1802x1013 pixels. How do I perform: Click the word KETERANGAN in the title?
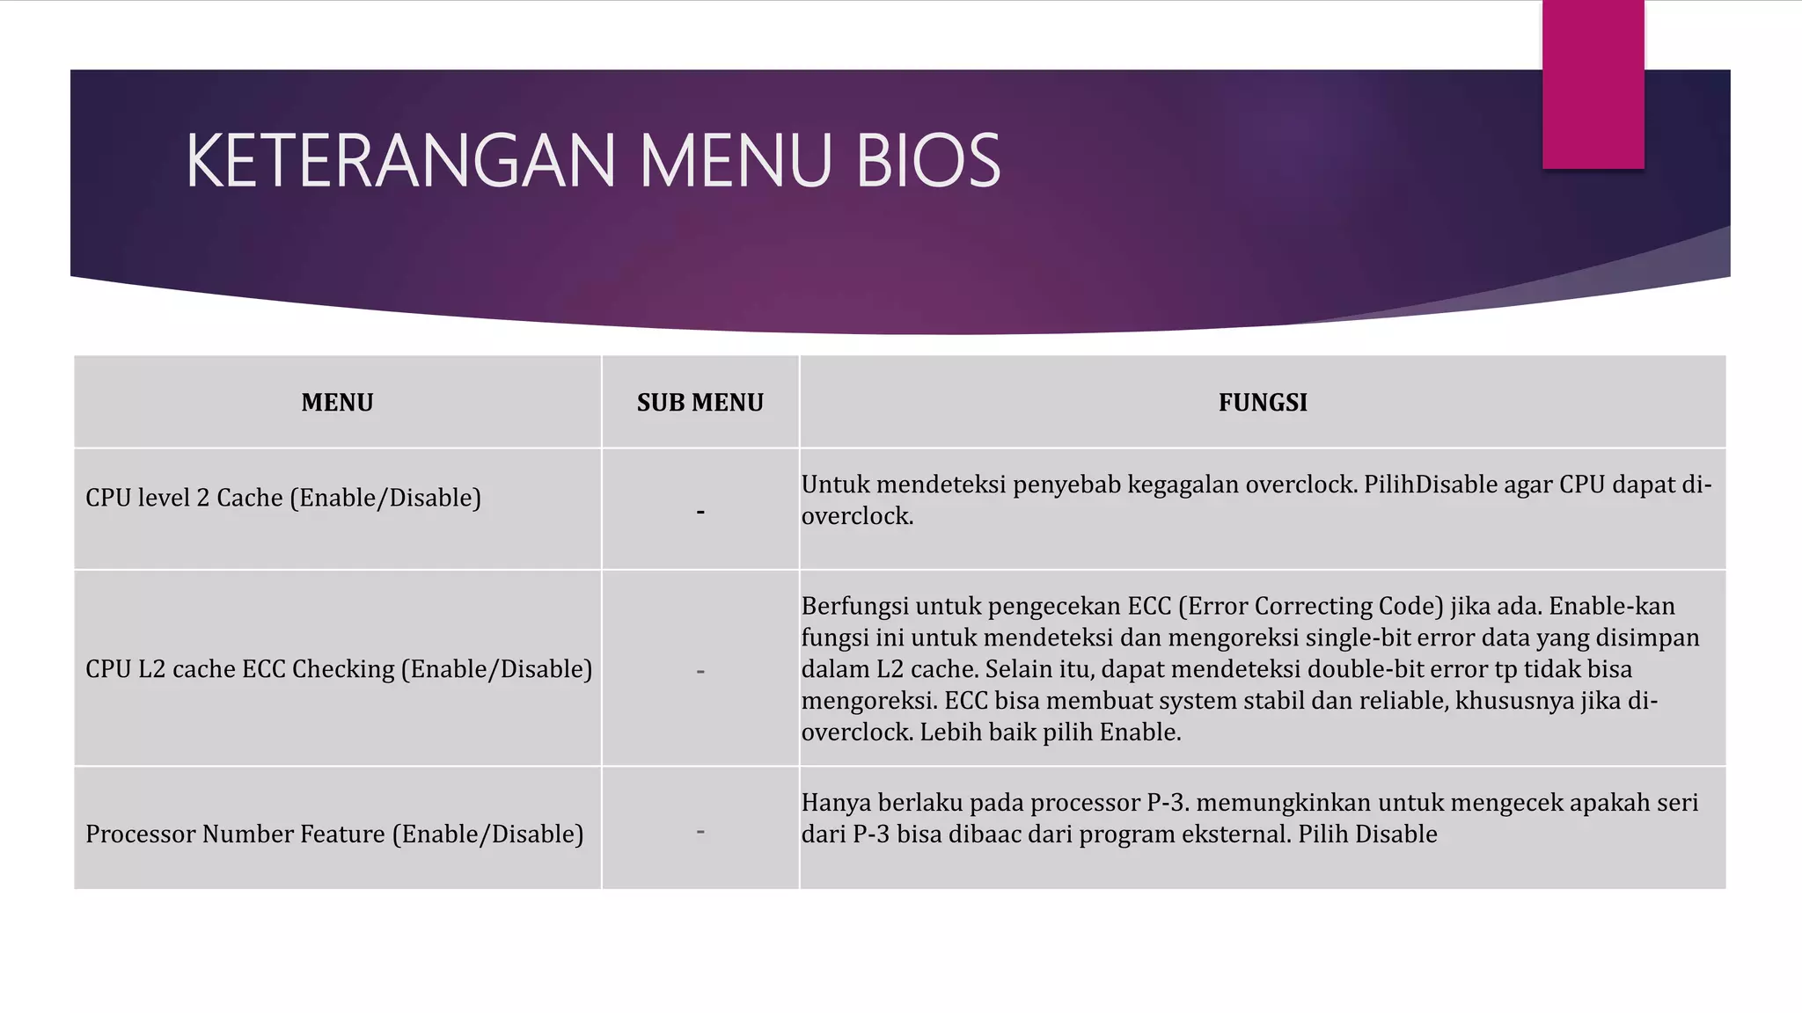[x=400, y=161]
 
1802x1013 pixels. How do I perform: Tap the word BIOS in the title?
[x=927, y=161]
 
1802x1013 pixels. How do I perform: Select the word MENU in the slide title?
[x=735, y=161]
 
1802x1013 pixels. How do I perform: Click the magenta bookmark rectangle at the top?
[x=1593, y=84]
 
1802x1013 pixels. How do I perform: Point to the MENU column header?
[x=337, y=403]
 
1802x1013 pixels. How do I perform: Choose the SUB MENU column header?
[x=700, y=403]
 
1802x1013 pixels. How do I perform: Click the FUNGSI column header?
[x=1263, y=403]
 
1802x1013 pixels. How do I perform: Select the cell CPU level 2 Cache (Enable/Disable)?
[x=283, y=499]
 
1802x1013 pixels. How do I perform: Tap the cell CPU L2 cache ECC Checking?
[x=339, y=669]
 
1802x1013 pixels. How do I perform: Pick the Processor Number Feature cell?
[x=334, y=834]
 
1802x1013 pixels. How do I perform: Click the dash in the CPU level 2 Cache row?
[x=700, y=512]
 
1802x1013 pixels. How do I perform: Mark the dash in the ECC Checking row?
[x=700, y=672]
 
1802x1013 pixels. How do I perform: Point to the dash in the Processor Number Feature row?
[x=700, y=831]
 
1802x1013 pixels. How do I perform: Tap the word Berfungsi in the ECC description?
[x=854, y=606]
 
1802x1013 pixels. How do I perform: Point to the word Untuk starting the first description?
[x=835, y=485]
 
